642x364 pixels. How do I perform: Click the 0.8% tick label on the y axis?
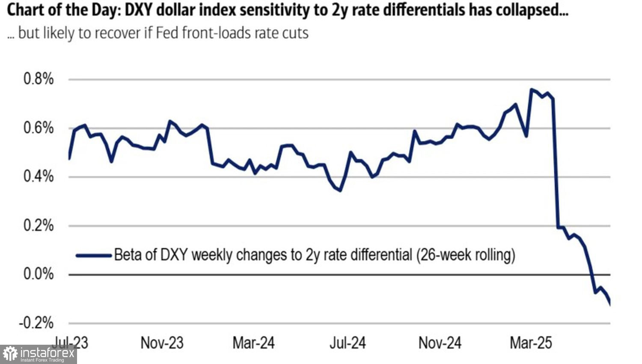[39, 79]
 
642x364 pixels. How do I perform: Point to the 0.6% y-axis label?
[39, 128]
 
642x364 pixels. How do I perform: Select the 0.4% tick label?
[39, 176]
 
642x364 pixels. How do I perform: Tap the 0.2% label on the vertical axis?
[39, 225]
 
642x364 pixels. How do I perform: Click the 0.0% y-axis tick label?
[39, 274]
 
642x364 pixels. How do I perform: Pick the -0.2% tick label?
[36, 323]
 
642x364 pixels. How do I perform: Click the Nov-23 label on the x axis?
[162, 343]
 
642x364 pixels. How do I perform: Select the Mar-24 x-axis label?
[254, 343]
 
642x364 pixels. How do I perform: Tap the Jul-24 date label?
[348, 343]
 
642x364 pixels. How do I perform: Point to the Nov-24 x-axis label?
[440, 343]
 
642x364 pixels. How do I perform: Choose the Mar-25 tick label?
[531, 343]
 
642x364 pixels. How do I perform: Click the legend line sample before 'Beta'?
[93, 256]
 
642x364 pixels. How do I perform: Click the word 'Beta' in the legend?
[128, 255]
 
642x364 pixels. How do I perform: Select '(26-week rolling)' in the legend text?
[465, 255]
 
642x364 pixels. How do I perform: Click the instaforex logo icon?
[10, 354]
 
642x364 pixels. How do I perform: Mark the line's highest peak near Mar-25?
[531, 90]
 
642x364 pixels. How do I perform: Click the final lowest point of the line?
[609, 304]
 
